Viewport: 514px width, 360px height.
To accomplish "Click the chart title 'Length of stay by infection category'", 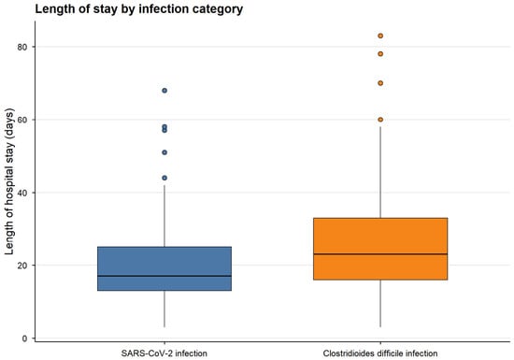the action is (x=139, y=9).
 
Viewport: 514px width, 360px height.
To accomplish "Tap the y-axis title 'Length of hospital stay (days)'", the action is (x=9, y=181).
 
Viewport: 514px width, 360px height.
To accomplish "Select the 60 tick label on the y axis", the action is (x=22, y=120).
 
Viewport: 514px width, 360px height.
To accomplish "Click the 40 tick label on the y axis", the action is (x=22, y=193).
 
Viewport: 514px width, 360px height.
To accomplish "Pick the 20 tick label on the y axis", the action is (x=22, y=266).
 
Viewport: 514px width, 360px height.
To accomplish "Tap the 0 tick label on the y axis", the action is (x=24, y=338).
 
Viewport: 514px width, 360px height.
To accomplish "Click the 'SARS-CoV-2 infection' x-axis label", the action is (x=164, y=353).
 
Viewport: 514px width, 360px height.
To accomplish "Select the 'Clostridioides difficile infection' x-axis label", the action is (x=380, y=353).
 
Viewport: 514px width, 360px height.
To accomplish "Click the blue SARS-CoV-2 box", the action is (x=164, y=268).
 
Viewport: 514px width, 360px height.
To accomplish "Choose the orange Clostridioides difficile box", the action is (x=380, y=249).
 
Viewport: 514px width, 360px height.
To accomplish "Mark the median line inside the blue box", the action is (x=164, y=276).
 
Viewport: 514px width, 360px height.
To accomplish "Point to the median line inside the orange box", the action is (x=380, y=254).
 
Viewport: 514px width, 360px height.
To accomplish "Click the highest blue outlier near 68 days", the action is (x=164, y=91).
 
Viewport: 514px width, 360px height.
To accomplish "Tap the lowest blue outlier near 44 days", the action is (x=164, y=178).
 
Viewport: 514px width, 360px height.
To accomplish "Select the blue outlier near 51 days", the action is (x=164, y=152).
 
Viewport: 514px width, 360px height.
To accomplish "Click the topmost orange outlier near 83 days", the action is (x=380, y=36).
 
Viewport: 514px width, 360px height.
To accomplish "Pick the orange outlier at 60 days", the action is (x=380, y=120).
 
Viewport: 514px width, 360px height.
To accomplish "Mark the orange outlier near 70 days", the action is (x=380, y=83).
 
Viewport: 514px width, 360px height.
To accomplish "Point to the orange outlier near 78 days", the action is (x=380, y=54).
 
